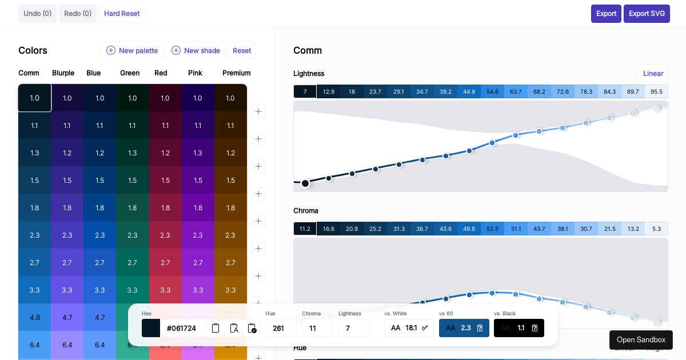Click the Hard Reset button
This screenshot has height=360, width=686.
[x=122, y=13]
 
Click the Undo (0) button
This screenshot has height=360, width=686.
[x=37, y=13]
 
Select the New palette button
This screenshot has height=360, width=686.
[x=132, y=50]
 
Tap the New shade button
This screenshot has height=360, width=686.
[x=196, y=50]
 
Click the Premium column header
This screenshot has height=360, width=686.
[x=236, y=73]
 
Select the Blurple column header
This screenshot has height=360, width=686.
[x=63, y=73]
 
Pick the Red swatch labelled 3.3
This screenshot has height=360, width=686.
[x=165, y=290]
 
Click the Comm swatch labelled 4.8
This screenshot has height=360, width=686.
[x=35, y=317]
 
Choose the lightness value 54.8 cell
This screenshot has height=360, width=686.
[x=492, y=91]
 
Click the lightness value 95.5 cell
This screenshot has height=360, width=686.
[x=656, y=91]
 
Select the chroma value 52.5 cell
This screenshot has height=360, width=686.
[x=492, y=229]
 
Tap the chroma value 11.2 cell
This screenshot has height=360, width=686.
[x=305, y=229]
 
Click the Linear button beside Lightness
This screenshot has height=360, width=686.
[x=653, y=73]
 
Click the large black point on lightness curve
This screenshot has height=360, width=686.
[x=305, y=183]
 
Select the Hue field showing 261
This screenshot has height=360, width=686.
[x=281, y=328]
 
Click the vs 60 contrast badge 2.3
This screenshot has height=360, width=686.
[x=464, y=328]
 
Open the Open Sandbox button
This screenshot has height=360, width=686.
[x=641, y=339]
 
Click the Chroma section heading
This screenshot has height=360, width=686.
[x=306, y=210]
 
